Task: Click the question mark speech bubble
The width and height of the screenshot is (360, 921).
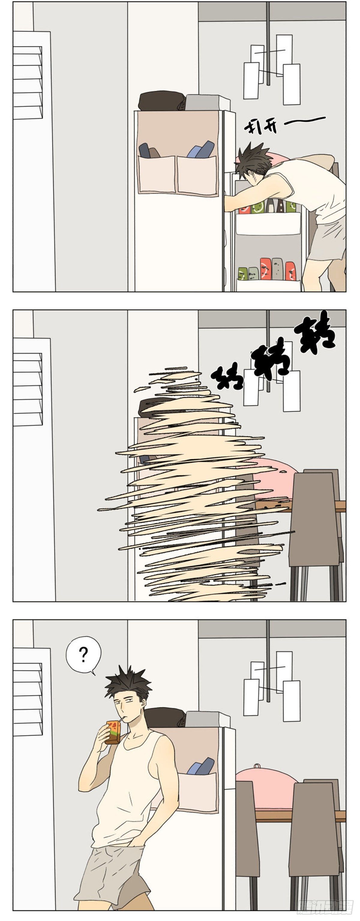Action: click(83, 655)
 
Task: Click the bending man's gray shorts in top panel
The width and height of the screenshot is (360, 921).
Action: click(327, 238)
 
